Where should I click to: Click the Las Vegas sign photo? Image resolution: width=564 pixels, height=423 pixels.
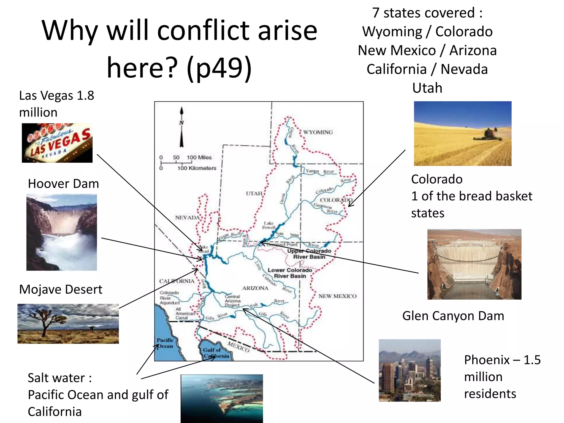click(57, 143)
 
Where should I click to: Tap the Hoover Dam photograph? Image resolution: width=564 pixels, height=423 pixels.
click(61, 232)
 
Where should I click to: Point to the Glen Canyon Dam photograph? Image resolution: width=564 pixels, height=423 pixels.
click(474, 264)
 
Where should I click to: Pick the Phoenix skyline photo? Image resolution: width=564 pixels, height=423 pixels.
click(410, 370)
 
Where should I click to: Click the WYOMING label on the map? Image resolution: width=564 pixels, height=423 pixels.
click(318, 132)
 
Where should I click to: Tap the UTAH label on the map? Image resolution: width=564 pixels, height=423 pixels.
click(254, 193)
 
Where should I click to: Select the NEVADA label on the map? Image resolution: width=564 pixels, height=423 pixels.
click(187, 218)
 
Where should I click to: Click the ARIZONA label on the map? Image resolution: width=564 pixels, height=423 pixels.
click(255, 288)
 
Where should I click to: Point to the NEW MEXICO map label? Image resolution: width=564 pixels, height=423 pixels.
click(337, 296)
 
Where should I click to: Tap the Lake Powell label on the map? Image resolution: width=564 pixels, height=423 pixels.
click(269, 225)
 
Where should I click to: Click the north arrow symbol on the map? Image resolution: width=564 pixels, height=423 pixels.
click(181, 127)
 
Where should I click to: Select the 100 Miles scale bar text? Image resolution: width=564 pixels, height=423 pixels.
click(199, 157)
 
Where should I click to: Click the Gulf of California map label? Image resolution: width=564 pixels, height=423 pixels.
click(216, 353)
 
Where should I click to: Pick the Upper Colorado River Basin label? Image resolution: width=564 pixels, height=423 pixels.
click(309, 254)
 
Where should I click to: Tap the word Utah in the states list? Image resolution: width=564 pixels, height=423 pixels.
click(427, 88)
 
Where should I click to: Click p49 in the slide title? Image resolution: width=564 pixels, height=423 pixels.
click(219, 68)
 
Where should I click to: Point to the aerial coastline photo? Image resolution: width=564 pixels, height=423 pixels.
click(222, 398)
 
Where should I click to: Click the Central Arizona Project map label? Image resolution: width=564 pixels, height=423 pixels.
click(232, 301)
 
